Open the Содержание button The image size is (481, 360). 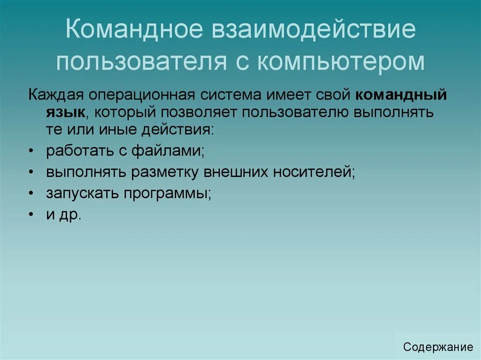click(x=438, y=347)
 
